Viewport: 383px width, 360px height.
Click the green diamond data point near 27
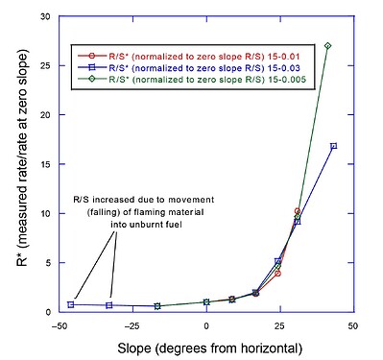click(327, 45)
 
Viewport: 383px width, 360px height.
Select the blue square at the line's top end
click(333, 146)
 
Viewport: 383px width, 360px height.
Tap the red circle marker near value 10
click(298, 211)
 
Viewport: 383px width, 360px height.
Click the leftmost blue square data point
click(71, 304)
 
